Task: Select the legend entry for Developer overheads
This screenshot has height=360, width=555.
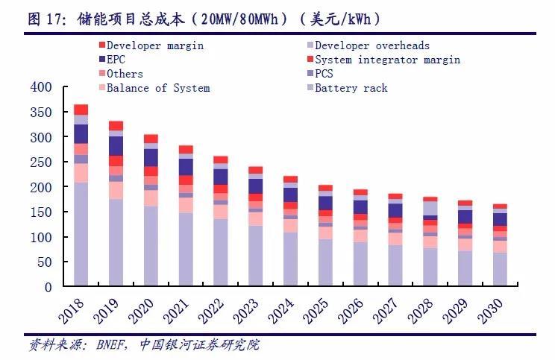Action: click(371, 45)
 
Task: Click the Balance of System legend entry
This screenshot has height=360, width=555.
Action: click(157, 88)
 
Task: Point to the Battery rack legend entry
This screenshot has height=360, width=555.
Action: click(351, 88)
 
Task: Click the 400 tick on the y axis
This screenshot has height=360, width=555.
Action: click(41, 87)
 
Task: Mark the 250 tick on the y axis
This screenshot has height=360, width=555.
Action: click(41, 162)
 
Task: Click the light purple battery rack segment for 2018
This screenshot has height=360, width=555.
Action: click(81, 235)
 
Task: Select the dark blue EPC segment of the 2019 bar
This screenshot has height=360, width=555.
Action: click(116, 146)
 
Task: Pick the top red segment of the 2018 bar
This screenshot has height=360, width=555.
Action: click(81, 110)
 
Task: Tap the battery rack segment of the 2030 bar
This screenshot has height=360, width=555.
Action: click(499, 270)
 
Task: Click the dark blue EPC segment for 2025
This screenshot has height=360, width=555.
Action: click(326, 203)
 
